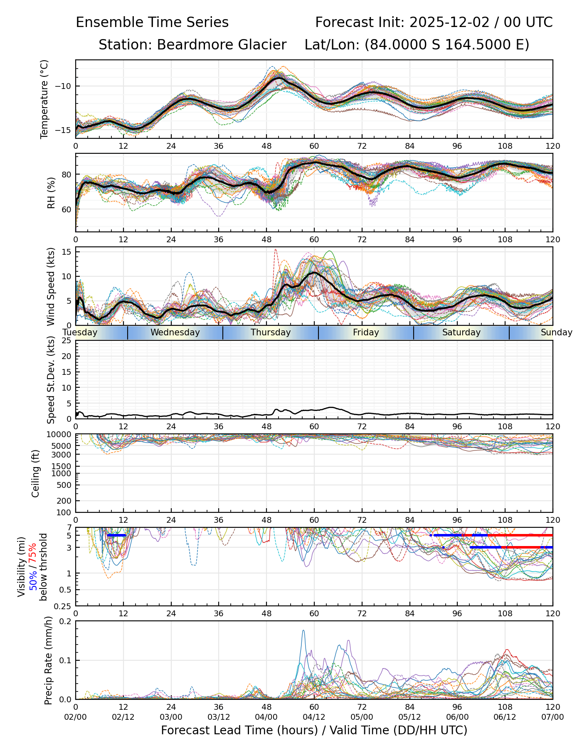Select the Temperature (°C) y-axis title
[44, 99]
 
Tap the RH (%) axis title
[51, 193]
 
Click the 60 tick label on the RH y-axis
[67, 209]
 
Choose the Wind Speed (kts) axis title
[51, 286]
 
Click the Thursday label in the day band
[271, 332]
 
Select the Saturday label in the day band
[461, 332]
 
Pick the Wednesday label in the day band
[175, 332]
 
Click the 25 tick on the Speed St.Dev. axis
[67, 341]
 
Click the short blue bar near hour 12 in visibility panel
[116, 535]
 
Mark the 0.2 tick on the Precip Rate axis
[65, 622]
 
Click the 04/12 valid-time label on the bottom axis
[314, 717]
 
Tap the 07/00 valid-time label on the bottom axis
[552, 717]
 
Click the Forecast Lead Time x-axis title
[314, 730]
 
